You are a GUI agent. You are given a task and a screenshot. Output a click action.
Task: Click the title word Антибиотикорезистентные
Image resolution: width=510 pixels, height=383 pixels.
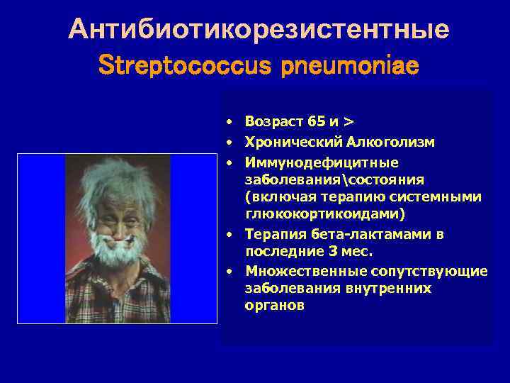(259, 30)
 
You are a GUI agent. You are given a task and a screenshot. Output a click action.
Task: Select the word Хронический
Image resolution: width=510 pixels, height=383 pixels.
(290, 143)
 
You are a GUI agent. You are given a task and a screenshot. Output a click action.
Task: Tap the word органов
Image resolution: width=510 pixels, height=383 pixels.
(275, 306)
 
